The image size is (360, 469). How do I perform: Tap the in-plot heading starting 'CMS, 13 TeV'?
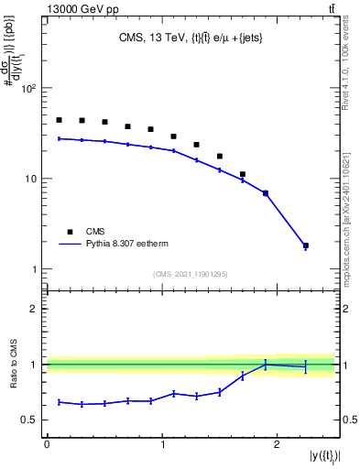coord(189,38)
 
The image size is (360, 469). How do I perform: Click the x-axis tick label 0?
coord(47,442)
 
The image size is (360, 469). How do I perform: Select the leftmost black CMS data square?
coord(59,120)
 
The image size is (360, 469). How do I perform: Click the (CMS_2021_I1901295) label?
coord(191,274)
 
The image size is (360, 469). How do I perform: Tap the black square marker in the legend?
coord(71,232)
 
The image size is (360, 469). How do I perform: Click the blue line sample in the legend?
coord(71,245)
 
